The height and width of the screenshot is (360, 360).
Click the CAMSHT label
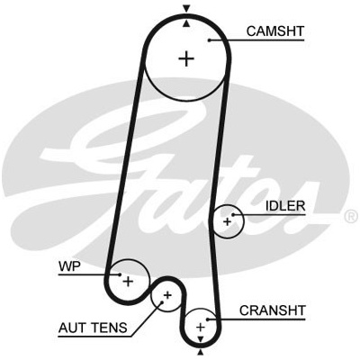[x=275, y=31]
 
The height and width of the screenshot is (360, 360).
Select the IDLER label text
[x=285, y=206]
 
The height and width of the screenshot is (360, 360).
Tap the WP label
[x=69, y=266]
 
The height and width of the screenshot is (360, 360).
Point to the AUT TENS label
[x=93, y=328]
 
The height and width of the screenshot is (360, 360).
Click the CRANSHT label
[x=273, y=310]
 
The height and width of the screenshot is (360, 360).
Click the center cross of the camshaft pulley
[x=186, y=58]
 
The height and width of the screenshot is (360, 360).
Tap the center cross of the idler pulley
[x=228, y=222]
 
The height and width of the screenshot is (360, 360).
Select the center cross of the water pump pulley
[x=128, y=282]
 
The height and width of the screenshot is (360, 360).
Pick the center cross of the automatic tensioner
[x=167, y=295]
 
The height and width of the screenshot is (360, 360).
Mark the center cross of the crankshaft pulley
[x=200, y=327]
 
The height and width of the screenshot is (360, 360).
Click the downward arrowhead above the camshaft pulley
[x=187, y=9]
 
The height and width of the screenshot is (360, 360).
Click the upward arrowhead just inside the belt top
[x=187, y=23]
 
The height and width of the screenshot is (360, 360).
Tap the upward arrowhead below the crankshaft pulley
[x=201, y=352]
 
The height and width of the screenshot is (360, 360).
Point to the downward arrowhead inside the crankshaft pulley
[x=201, y=339]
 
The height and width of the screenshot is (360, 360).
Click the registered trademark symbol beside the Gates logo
[x=350, y=217]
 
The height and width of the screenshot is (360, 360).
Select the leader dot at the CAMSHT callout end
[x=209, y=40]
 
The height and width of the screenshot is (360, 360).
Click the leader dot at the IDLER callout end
[x=232, y=215]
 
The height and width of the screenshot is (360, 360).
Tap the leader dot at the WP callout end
[x=120, y=274]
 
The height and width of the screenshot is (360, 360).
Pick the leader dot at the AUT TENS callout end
[x=162, y=302]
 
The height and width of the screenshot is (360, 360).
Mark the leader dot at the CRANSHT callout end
[x=207, y=319]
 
